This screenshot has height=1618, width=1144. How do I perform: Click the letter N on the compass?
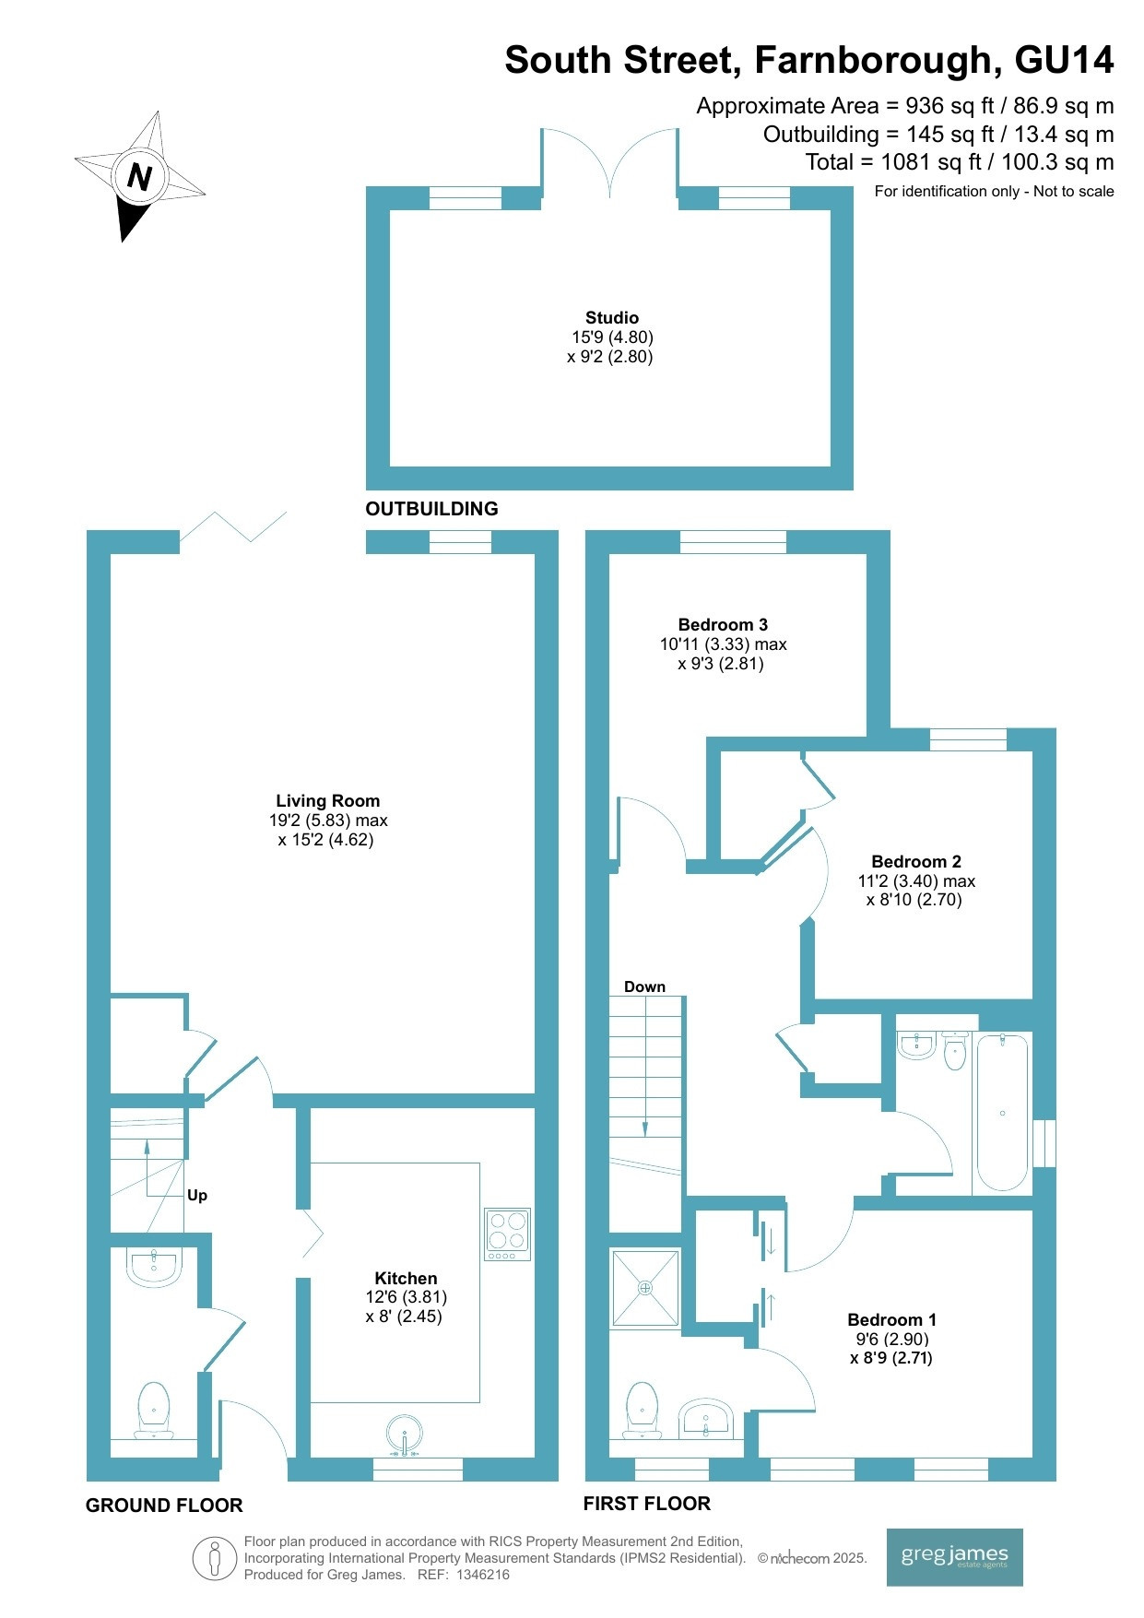tap(140, 175)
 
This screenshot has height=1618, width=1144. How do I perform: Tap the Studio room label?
tap(612, 318)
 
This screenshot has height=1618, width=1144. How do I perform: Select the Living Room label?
tap(328, 801)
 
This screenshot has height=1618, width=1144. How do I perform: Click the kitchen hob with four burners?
tap(508, 1234)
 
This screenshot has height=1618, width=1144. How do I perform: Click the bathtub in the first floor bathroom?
tap(1002, 1113)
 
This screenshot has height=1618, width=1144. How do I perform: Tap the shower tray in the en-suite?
tap(645, 1288)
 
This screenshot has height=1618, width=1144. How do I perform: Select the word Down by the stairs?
tap(644, 986)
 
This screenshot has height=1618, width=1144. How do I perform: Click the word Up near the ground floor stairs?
tap(197, 1196)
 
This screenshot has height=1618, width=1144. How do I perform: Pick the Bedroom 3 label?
tap(723, 625)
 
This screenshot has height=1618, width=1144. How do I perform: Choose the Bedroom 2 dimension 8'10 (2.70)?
tap(914, 900)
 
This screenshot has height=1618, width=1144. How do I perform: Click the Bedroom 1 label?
tap(891, 1320)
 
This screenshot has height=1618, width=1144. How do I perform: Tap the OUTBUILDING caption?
tap(431, 509)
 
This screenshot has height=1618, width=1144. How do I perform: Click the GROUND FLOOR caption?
tap(164, 1506)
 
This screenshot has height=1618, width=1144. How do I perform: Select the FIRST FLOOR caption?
tap(647, 1504)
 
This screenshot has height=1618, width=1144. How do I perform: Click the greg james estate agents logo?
tap(955, 1557)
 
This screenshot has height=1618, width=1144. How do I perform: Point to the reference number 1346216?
tap(483, 1575)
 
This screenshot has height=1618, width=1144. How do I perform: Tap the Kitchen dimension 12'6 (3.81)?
tap(407, 1297)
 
